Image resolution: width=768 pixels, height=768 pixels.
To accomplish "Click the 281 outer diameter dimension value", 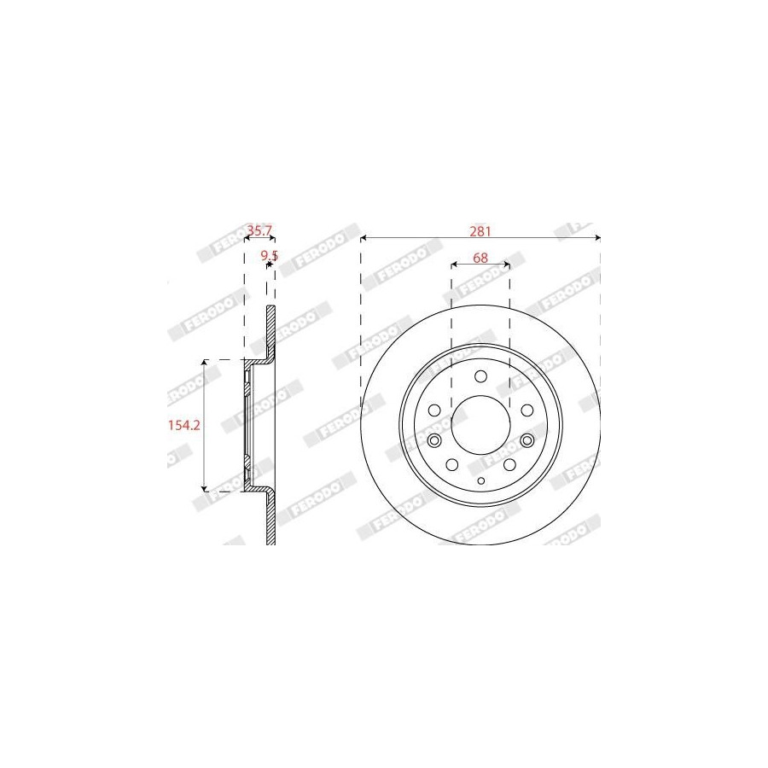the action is click(480, 230).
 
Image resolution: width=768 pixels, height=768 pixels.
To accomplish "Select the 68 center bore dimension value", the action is click(480, 258).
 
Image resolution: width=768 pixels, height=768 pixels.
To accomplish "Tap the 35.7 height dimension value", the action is click(259, 230).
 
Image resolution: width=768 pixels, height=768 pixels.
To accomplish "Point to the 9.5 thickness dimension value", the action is click(270, 255).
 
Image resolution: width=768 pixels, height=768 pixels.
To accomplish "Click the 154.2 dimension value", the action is click(184, 425).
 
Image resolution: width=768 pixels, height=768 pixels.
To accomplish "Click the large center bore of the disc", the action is click(480, 425).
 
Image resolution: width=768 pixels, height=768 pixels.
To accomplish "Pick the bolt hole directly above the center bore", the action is click(481, 376).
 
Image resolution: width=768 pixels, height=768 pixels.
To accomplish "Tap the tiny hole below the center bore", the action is click(481, 481).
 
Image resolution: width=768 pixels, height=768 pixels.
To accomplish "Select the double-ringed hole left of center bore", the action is click(434, 441).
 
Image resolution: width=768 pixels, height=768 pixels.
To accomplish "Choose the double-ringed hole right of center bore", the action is click(527, 441).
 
